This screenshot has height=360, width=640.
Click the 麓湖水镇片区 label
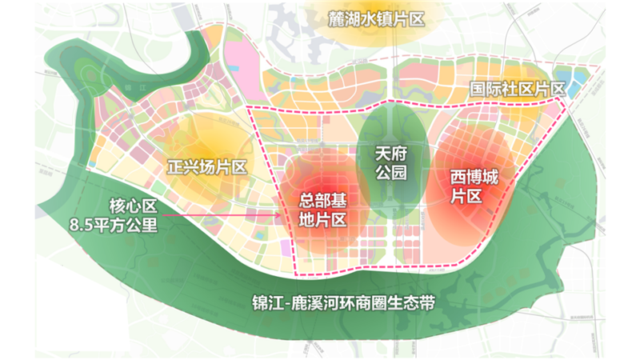(374, 18)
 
